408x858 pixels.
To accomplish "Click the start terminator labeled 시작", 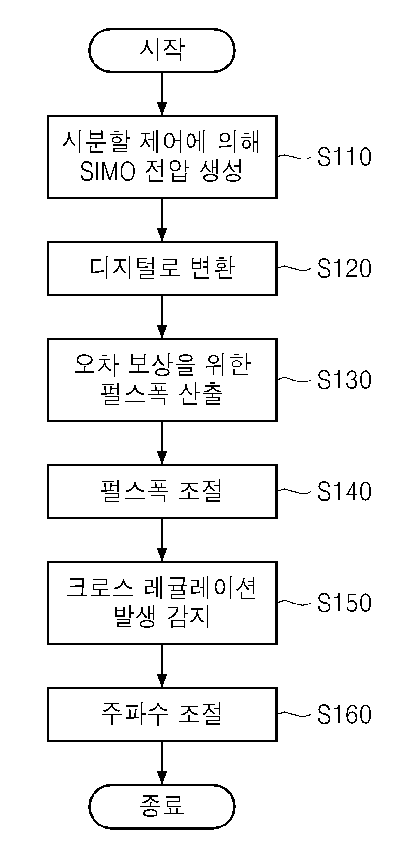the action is (x=161, y=50).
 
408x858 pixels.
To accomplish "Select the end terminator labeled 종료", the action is (x=161, y=806).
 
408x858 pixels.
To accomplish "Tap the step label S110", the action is (x=344, y=157).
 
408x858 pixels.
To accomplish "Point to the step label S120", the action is (x=344, y=268).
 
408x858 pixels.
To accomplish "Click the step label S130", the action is (x=344, y=380).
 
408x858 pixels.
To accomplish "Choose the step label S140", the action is (x=344, y=491).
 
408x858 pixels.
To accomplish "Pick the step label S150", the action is (x=344, y=603).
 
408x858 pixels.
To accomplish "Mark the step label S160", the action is (x=344, y=714).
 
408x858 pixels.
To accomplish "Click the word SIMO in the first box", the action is (x=107, y=172).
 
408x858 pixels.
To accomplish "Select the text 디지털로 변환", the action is (x=162, y=268).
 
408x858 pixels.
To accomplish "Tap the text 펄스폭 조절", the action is (x=162, y=491).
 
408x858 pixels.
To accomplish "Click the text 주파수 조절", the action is (x=162, y=714).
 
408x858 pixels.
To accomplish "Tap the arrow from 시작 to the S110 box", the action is (x=161, y=94).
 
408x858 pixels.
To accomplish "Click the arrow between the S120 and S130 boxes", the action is (x=161, y=317).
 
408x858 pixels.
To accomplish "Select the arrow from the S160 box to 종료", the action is (x=161, y=763).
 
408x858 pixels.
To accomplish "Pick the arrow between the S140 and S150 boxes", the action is (x=161, y=540).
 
